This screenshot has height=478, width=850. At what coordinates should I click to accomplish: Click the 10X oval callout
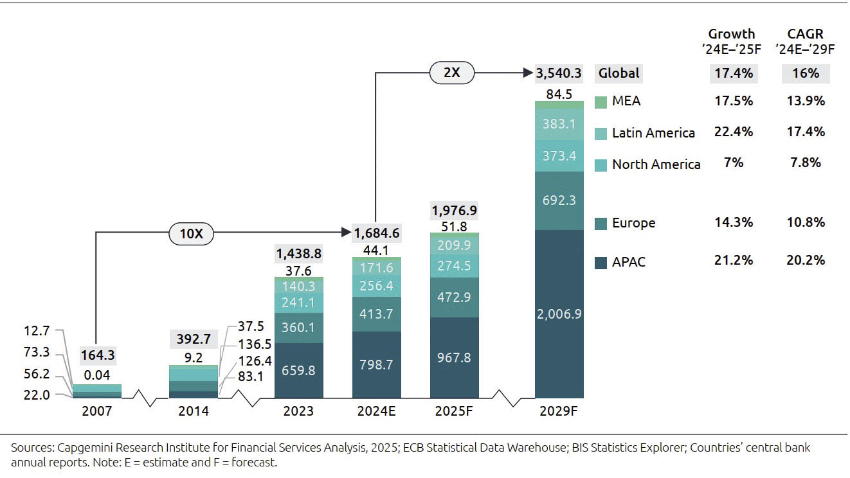[191, 235]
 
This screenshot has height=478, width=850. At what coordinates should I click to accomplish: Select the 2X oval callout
[452, 73]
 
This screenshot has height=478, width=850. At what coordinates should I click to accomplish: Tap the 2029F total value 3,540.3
[559, 73]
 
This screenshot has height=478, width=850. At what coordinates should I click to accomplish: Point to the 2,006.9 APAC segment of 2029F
[559, 314]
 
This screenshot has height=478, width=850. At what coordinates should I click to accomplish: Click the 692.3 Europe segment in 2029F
[559, 200]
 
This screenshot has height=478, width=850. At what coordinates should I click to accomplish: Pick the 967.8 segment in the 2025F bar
[454, 357]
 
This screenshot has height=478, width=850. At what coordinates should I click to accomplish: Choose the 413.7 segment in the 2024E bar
[376, 314]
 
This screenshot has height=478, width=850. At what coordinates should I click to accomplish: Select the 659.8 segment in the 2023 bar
[299, 370]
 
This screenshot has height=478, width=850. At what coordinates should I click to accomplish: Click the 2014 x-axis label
[193, 411]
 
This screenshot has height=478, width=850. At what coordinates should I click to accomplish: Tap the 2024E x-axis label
[376, 411]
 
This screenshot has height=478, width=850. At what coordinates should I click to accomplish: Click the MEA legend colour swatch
[601, 102]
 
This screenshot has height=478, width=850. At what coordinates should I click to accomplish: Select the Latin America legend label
[653, 133]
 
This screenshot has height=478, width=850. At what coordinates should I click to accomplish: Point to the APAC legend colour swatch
[601, 262]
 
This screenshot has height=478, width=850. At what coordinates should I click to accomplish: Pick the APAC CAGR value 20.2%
[806, 260]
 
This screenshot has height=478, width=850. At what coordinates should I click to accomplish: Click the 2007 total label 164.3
[98, 355]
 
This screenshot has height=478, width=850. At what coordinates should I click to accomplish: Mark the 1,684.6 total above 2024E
[376, 233]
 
